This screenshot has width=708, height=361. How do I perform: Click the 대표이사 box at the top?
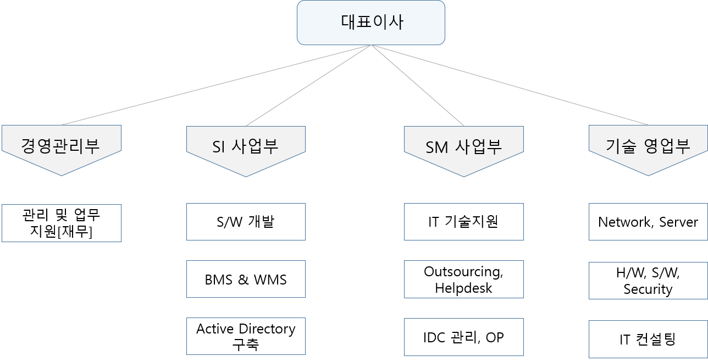(370, 23)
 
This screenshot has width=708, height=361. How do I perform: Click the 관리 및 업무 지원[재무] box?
(62, 223)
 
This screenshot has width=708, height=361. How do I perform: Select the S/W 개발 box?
(246, 222)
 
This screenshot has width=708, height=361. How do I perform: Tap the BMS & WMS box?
(246, 279)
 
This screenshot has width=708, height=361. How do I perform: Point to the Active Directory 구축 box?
(246, 336)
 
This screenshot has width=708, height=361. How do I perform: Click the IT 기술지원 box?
(464, 222)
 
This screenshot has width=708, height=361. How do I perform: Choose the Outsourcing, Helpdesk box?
(464, 280)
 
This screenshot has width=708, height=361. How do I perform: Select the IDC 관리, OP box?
(464, 337)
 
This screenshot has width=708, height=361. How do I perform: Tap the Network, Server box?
(648, 222)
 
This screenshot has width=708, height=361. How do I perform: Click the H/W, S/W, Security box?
(648, 281)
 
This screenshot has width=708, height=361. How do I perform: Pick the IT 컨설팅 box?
(648, 339)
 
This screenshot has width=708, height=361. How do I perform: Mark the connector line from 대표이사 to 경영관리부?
(216, 85)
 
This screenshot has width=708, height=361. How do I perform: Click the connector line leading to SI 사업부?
(308, 85)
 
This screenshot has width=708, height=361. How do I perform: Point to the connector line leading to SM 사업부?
(418, 85)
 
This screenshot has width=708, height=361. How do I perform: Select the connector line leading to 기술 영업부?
(510, 85)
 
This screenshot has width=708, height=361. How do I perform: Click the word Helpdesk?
(463, 288)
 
